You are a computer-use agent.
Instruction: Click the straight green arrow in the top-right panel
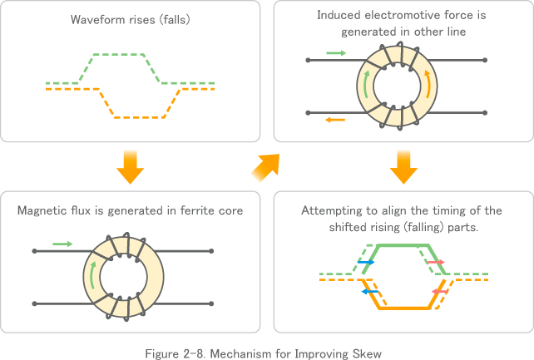click(336, 52)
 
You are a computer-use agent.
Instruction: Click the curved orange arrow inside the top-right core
click(428, 83)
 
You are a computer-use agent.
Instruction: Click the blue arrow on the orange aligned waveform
click(366, 292)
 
